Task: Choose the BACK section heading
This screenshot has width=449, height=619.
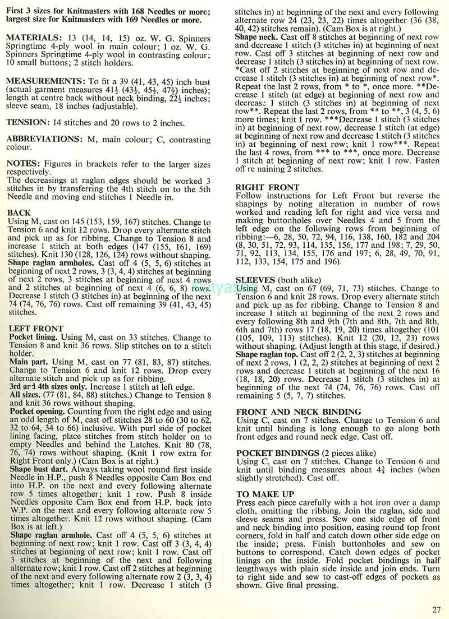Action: (x=20, y=214)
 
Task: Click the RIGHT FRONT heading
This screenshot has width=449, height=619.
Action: (x=268, y=187)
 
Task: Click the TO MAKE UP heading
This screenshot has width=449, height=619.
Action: (x=265, y=494)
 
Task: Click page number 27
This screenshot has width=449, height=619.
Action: (x=437, y=611)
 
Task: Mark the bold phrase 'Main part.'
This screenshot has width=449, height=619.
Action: (x=26, y=363)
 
